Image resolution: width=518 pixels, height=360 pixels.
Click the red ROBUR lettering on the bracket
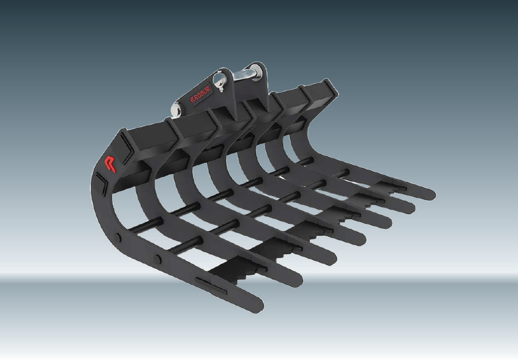[200, 94]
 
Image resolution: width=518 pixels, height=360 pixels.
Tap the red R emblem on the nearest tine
[110, 163]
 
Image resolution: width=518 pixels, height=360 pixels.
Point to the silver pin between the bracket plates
[243, 75]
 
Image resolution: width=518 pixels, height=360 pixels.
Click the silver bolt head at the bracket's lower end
[176, 110]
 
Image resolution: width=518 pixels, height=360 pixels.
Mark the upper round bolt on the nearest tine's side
[118, 237]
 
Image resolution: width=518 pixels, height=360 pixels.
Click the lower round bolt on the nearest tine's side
[158, 259]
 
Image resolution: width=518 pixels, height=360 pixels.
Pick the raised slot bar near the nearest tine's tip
[211, 286]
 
